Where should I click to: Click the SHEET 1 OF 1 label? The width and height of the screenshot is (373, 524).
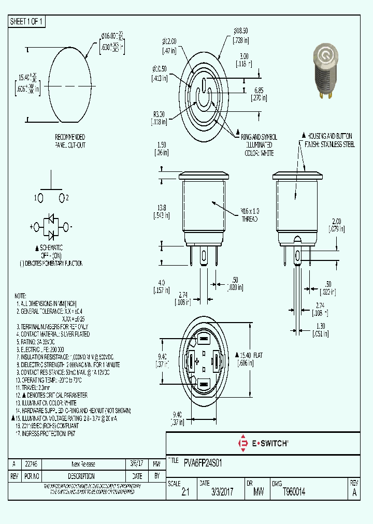[27, 21]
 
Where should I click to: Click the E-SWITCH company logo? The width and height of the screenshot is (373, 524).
[263, 443]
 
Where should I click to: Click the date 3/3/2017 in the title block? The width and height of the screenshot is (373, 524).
[217, 493]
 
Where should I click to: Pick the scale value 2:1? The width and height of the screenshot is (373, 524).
[185, 493]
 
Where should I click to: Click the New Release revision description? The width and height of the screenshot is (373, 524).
[83, 464]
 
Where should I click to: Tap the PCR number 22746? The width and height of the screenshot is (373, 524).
[31, 464]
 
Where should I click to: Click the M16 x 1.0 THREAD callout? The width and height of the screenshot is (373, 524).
[249, 215]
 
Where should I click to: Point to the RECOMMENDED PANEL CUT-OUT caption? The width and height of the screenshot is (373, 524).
[70, 141]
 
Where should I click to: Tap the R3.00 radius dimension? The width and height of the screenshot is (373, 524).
[160, 114]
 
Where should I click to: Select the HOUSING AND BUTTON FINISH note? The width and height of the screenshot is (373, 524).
[329, 140]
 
